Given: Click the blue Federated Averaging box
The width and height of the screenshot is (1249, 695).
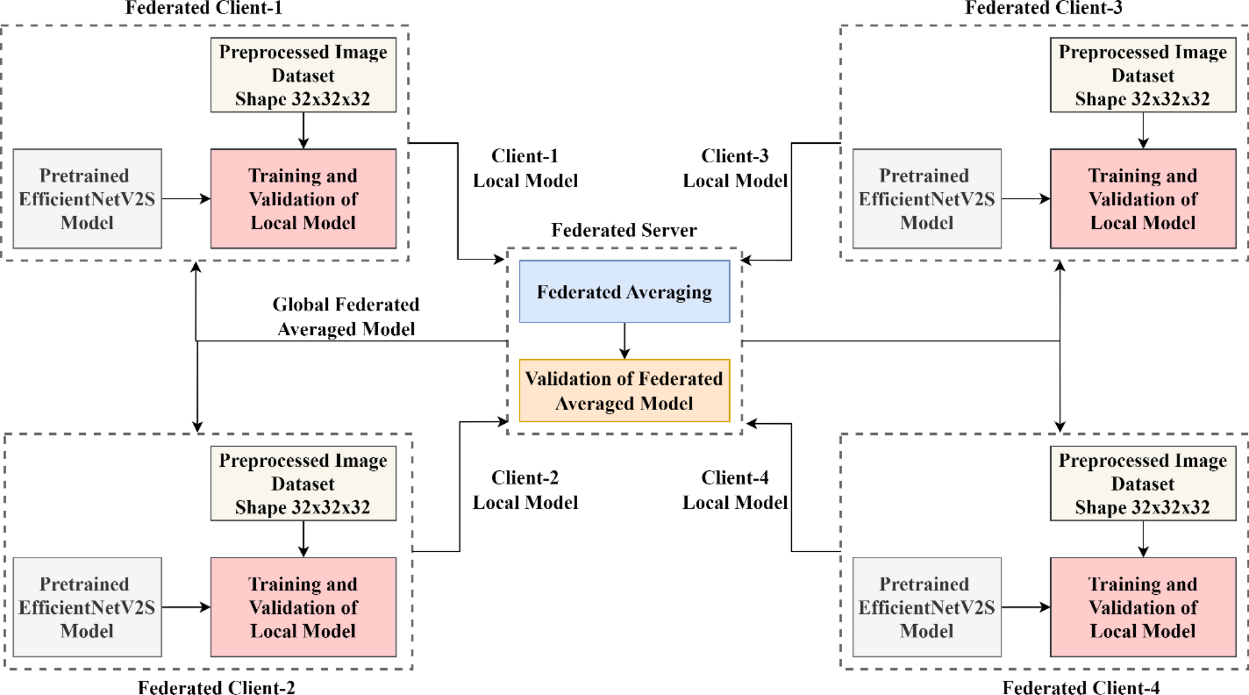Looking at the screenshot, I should point(624,291).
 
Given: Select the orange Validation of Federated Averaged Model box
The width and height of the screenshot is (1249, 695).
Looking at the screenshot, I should point(624,391).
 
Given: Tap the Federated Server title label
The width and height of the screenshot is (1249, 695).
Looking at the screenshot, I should point(624,230).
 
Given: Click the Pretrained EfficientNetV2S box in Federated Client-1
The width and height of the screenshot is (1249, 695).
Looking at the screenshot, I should point(87,198).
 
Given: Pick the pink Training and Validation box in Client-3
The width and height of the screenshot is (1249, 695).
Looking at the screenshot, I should point(1143,198).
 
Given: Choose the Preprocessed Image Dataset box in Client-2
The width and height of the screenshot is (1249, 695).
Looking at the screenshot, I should point(303,483).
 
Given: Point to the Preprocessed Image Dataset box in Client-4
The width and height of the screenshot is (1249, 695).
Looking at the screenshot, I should point(1143,483).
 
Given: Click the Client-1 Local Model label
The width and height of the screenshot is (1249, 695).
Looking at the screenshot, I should point(525,168).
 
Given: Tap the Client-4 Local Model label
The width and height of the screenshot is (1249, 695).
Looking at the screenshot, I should point(735,490).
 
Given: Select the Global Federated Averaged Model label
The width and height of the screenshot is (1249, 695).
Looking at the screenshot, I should point(346,316).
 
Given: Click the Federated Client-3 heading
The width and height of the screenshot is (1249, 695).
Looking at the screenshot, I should point(1043,8).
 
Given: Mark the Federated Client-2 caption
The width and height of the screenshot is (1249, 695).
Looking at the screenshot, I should point(216,687).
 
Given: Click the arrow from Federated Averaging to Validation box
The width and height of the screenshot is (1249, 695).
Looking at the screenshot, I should point(624,340).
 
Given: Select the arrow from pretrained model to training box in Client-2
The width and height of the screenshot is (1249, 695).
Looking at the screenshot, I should point(186,607).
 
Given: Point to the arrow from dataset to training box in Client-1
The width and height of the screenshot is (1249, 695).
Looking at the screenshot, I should point(304,130).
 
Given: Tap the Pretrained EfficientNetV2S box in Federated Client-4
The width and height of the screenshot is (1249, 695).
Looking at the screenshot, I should point(926,607).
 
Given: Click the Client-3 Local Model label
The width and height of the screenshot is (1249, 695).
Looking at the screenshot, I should point(735,168).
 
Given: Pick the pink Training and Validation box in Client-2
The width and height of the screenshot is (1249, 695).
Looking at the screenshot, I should point(303,607).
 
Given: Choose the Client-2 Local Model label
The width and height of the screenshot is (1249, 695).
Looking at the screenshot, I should point(525,490).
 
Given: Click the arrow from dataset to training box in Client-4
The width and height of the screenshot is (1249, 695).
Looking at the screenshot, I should point(1143,539).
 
